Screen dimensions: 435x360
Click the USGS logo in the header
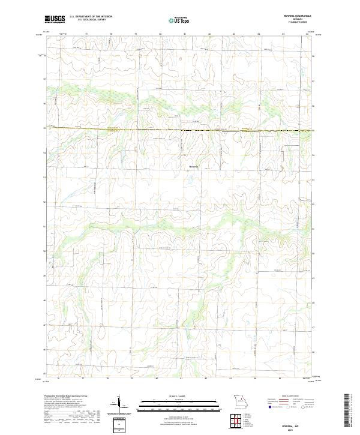[x=55, y=19]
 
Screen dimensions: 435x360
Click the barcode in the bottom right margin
[x=352, y=414]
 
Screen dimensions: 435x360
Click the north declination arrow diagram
[x=120, y=403]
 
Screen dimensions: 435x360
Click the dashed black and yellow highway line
[x=180, y=130]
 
